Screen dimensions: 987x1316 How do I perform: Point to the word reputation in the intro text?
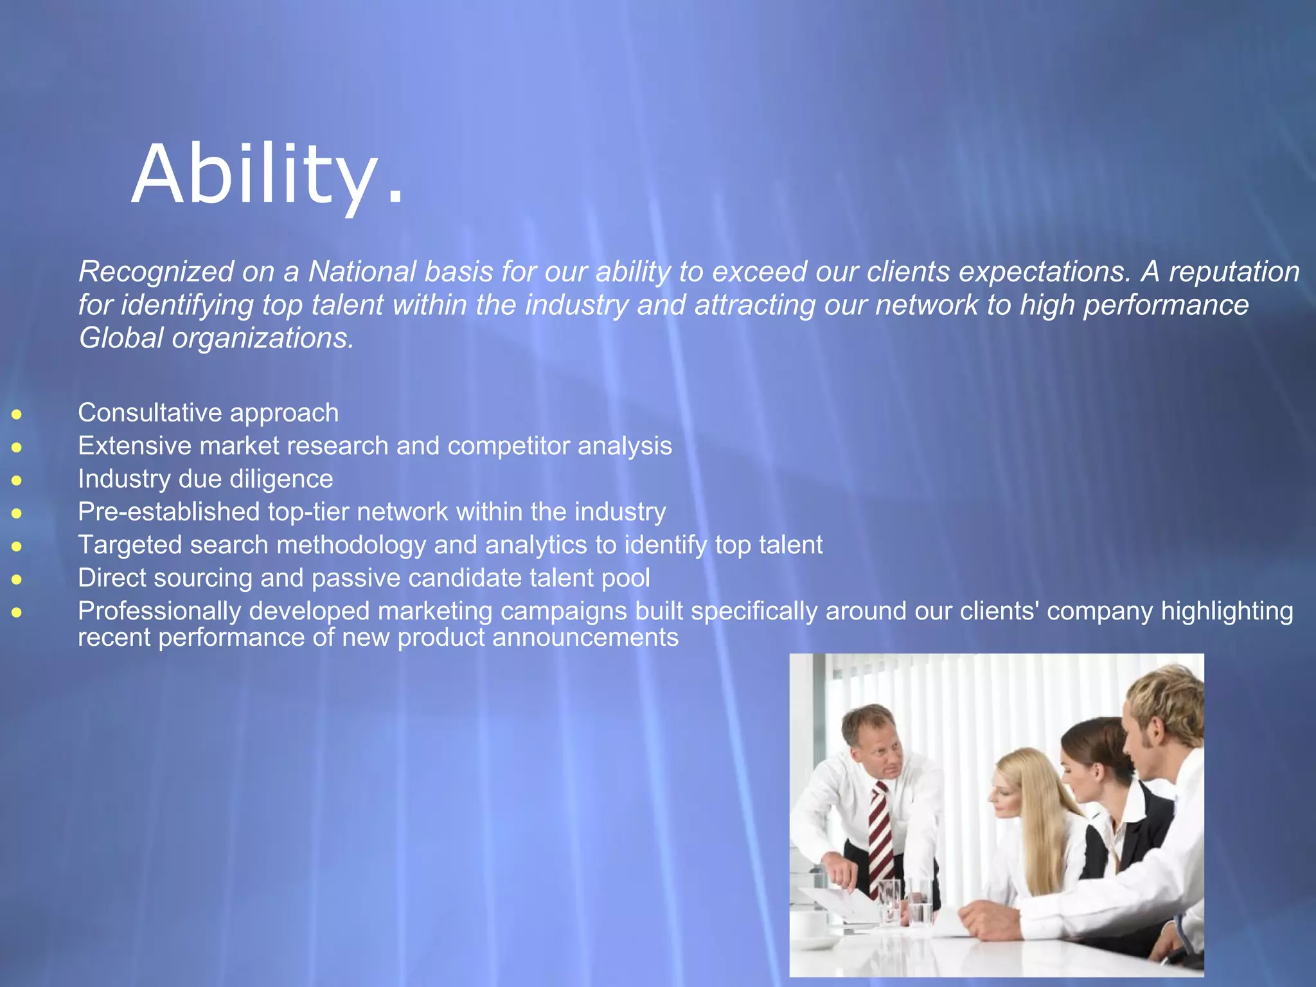point(1234,271)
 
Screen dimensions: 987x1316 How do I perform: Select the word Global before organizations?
point(121,338)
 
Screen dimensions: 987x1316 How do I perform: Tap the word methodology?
point(351,545)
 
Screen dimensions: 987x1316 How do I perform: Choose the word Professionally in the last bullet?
point(159,611)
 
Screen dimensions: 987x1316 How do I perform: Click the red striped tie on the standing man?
point(882,835)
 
